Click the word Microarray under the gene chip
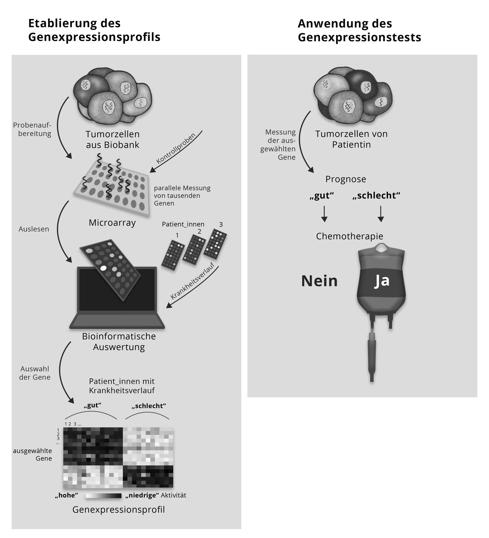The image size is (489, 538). [x=112, y=223]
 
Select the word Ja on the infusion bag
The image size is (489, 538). [x=382, y=281]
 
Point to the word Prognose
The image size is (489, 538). [x=346, y=179]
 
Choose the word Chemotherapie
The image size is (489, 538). [x=350, y=236]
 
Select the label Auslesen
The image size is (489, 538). [x=34, y=229]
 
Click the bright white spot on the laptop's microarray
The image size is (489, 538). [x=103, y=268]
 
